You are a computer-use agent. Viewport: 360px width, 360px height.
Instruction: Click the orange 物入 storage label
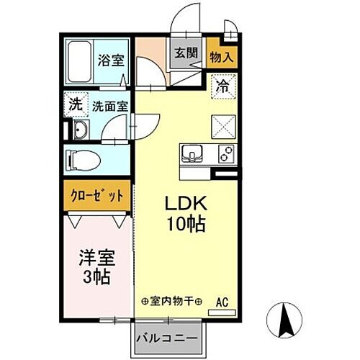click(220, 52)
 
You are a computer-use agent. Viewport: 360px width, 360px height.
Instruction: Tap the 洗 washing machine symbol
click(76, 104)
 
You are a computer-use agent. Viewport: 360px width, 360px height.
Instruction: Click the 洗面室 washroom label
click(109, 105)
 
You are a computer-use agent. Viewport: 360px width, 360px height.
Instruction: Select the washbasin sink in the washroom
click(78, 130)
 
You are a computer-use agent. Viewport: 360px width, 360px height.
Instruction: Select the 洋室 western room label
click(97, 256)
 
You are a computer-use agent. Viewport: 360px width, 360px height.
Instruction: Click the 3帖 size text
click(97, 276)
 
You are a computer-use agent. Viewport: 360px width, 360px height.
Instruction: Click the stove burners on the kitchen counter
click(223, 153)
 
